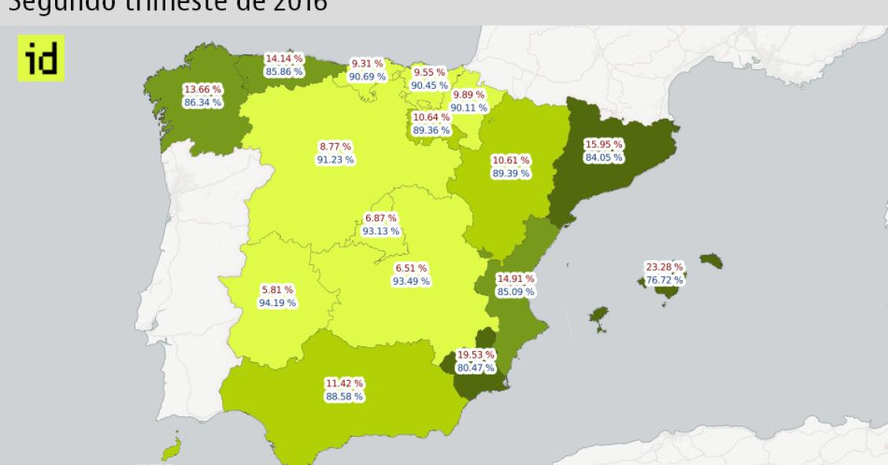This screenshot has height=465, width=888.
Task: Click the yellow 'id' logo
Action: (x=41, y=58)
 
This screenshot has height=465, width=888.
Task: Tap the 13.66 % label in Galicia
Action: (x=202, y=90)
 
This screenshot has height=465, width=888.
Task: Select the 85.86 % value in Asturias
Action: (x=284, y=72)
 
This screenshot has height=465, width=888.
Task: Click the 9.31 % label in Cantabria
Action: (x=367, y=64)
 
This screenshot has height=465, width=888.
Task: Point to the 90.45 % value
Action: (x=429, y=85)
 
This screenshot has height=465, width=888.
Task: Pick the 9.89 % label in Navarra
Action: (x=468, y=95)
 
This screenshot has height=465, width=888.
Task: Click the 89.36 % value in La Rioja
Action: (x=431, y=131)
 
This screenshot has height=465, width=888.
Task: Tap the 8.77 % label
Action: (x=335, y=146)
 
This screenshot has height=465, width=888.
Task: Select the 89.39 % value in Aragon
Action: (x=510, y=173)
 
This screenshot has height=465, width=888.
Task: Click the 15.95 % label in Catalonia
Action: (x=604, y=145)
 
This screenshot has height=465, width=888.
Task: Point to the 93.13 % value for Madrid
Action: (x=381, y=231)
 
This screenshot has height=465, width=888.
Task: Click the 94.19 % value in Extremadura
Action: (x=277, y=302)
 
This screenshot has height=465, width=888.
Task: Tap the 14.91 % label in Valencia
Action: (x=516, y=279)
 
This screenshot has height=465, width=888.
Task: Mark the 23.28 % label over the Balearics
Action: (x=664, y=267)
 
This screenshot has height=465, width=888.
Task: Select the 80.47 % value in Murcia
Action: (x=475, y=367)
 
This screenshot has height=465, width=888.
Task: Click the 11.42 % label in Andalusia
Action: (x=344, y=384)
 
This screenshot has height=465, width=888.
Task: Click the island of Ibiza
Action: (x=599, y=318)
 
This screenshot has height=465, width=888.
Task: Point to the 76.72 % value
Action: (x=664, y=280)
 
